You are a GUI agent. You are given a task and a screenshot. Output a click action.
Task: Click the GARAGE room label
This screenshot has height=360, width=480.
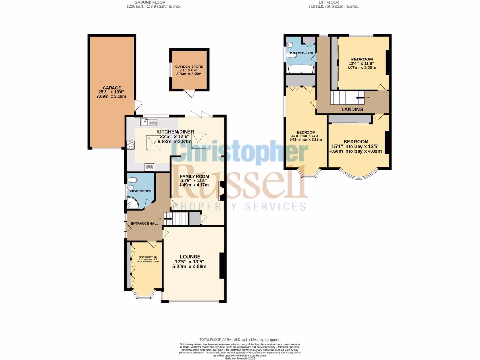pos(112,88)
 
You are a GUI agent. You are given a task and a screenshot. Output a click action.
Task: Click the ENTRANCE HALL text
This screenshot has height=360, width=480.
pos(144,224)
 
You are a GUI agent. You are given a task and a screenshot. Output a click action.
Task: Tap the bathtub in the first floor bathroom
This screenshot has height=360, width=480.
pos(300,70)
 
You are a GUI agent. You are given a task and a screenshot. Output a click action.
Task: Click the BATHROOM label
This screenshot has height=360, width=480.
pos(300,53)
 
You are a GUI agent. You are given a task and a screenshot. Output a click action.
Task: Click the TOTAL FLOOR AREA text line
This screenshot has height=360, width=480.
pos(240,339)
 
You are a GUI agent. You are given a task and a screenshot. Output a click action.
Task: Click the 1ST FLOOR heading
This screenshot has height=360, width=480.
pos(333,2)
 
